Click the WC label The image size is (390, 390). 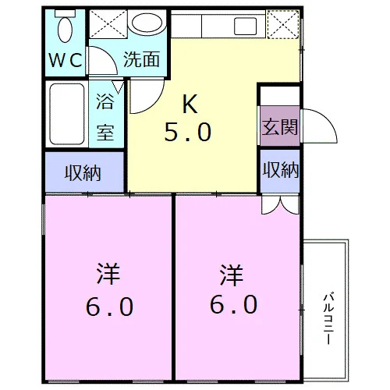[66, 60]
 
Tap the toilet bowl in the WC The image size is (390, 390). [65, 28]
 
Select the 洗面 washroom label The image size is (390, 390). [141, 59]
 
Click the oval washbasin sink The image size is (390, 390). [147, 23]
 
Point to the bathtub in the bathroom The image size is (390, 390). [67, 114]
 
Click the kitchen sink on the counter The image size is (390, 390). [245, 26]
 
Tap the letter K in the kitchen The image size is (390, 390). [190, 104]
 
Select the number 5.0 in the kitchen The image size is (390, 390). [188, 133]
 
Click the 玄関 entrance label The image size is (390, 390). [280, 127]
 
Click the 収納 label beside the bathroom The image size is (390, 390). [83, 173]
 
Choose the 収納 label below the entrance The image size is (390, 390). [281, 170]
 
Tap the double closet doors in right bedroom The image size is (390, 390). [281, 205]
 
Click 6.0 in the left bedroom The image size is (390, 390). [110, 307]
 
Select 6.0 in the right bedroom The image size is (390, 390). [234, 304]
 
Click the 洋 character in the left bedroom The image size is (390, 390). [108, 274]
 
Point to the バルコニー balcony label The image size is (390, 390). [328, 318]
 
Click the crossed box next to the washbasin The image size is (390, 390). [108, 24]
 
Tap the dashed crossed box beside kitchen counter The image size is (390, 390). [283, 24]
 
